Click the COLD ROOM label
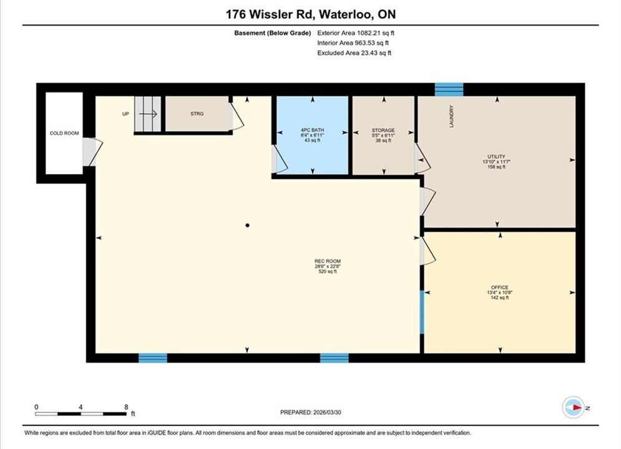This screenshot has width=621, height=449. pyautogui.click(x=64, y=133)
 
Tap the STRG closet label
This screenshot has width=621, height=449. pyautogui.click(x=197, y=113)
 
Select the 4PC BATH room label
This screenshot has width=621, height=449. pyautogui.click(x=313, y=135)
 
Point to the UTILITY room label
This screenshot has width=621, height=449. pyautogui.click(x=496, y=162)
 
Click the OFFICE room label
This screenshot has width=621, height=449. pyautogui.click(x=500, y=292)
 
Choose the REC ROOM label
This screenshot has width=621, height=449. pyautogui.click(x=328, y=266)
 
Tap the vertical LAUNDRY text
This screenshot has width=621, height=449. pyautogui.click(x=451, y=117)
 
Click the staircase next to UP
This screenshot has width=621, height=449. pyautogui.click(x=148, y=114)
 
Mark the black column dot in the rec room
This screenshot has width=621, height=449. pyautogui.click(x=248, y=226)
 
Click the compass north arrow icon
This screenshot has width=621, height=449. pyautogui.click(x=573, y=407)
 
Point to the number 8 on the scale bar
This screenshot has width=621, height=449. pyautogui.click(x=126, y=407)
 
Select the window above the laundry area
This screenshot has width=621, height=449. pyautogui.click(x=449, y=89)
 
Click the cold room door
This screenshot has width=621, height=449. pyautogui.click(x=92, y=152)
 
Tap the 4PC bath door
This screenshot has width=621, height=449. pyautogui.click(x=280, y=159)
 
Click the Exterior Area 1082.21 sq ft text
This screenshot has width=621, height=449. pyautogui.click(x=356, y=33)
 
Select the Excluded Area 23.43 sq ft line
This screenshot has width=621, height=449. pyautogui.click(x=354, y=53)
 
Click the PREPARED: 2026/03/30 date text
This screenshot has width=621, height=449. pyautogui.click(x=311, y=412)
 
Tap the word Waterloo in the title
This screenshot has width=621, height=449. pyautogui.click(x=346, y=14)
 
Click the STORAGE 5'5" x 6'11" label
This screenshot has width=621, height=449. pyautogui.click(x=383, y=135)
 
